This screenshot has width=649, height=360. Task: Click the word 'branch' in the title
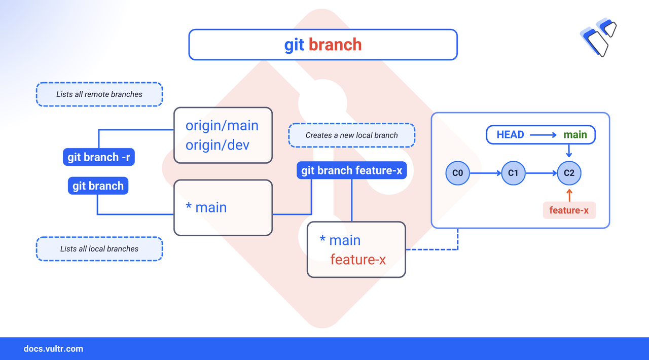pyautogui.click(x=335, y=45)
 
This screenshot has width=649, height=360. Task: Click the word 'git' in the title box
pyautogui.click(x=294, y=45)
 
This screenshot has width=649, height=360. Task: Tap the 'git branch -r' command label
pyautogui.click(x=99, y=157)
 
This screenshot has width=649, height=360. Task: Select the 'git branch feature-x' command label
pyautogui.click(x=351, y=170)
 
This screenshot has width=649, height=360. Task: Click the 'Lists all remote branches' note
pyautogui.click(x=99, y=94)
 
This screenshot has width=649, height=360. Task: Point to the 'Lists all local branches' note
pyautogui.click(x=99, y=249)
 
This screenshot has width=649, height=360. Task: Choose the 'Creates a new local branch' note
pyautogui.click(x=351, y=135)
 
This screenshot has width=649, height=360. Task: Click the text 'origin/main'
pyautogui.click(x=222, y=126)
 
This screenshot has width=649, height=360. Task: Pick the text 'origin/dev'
pyautogui.click(x=218, y=145)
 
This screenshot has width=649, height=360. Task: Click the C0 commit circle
pyautogui.click(x=457, y=173)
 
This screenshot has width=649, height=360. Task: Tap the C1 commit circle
pyautogui.click(x=513, y=173)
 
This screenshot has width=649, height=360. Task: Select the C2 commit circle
pyautogui.click(x=569, y=173)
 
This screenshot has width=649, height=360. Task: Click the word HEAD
pyautogui.click(x=510, y=135)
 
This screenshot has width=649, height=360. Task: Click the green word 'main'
pyautogui.click(x=575, y=135)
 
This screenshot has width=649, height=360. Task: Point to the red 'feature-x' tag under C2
pyautogui.click(x=569, y=210)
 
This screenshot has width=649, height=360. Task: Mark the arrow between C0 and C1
pyautogui.click(x=485, y=173)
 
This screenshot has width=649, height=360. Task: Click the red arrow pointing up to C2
pyautogui.click(x=569, y=195)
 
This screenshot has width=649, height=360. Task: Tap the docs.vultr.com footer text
pyautogui.click(x=53, y=349)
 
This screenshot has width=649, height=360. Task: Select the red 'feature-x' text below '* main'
pyautogui.click(x=358, y=260)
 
